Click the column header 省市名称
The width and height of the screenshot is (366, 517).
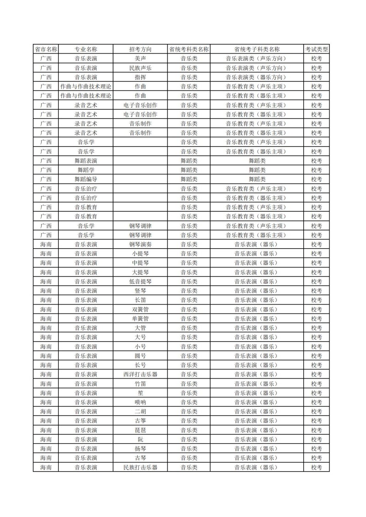pos(46,49)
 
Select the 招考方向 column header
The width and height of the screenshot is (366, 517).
pos(140,49)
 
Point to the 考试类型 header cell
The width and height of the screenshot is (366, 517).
pos(317,49)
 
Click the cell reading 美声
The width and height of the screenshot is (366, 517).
pos(140,59)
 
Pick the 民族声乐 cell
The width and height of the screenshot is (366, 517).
pos(140,68)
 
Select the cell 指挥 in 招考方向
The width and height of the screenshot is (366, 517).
pos(140,77)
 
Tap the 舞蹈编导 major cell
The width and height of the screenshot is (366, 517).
pos(86,179)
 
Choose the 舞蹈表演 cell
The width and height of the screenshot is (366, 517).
pos(86,161)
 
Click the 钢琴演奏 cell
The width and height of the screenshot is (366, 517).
pos(140,245)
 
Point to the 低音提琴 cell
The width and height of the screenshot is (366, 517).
pos(140,282)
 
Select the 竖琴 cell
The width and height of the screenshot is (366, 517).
pos(140,291)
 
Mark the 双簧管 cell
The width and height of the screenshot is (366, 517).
pos(140,309)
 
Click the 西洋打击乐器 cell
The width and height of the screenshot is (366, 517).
pos(140,374)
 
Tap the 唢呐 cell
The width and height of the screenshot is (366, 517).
pos(140,402)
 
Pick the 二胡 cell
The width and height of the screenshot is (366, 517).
pos(140,411)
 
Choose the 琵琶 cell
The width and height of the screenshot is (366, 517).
pos(140,430)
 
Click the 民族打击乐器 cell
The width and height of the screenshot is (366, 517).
pos(140,467)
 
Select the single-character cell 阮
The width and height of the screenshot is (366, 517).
pos(140,439)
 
